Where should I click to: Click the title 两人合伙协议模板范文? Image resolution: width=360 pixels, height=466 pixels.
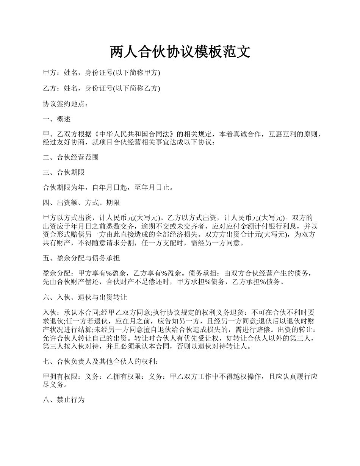pos(180,52)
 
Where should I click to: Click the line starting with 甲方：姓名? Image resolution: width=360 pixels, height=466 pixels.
pos(102,73)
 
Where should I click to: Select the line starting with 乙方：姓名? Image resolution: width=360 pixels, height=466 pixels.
pos(102,88)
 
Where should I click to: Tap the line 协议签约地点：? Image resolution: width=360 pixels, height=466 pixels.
pos(66,104)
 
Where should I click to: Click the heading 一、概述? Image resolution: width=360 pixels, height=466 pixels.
pos(57,119)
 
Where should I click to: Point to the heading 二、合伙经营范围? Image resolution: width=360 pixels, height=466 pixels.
pos(71,157)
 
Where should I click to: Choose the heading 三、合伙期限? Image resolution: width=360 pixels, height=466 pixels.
pos(64,172)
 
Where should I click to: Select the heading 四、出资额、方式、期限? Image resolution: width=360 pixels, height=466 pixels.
pos(81,203)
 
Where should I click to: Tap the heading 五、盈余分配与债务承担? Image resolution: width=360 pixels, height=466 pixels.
pos(81,258)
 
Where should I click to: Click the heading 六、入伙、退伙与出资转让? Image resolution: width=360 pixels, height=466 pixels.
pos(85,298)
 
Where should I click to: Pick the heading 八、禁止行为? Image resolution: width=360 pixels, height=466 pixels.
pos(64,400)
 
